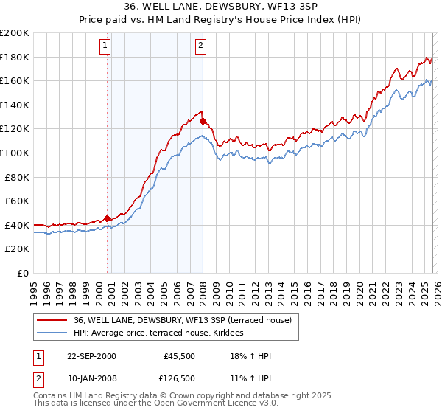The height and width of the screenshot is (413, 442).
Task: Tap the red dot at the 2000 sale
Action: (108, 218)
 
